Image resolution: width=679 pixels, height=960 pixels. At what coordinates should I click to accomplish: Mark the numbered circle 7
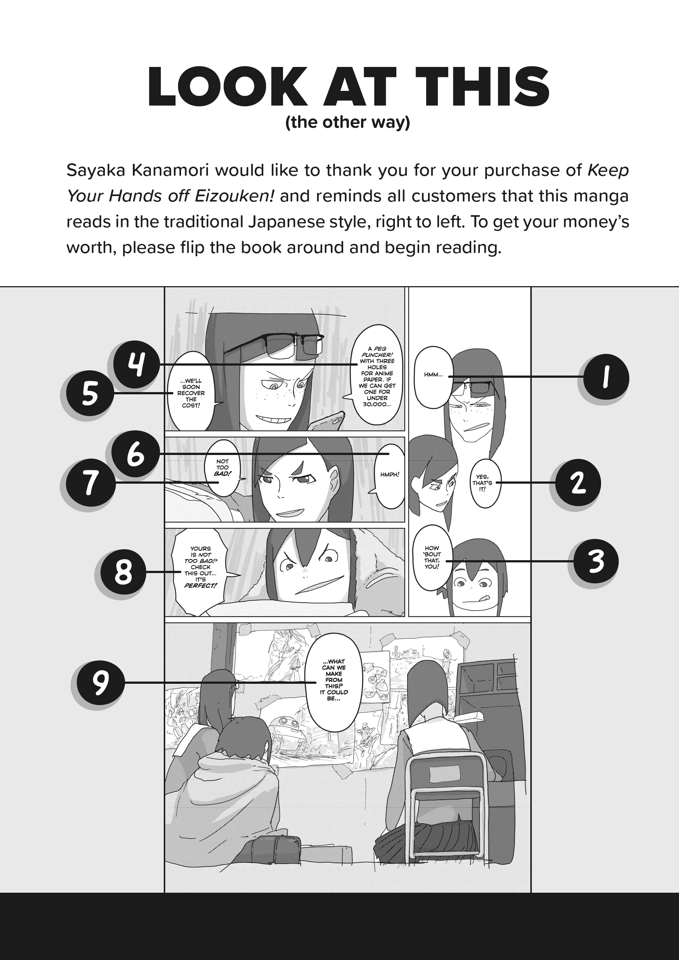tap(91, 483)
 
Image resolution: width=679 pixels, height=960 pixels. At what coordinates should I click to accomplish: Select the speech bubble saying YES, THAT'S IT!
tap(485, 483)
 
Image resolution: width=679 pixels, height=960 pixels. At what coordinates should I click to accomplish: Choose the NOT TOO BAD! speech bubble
tap(223, 467)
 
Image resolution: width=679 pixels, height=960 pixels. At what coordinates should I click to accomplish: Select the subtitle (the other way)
tap(347, 122)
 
